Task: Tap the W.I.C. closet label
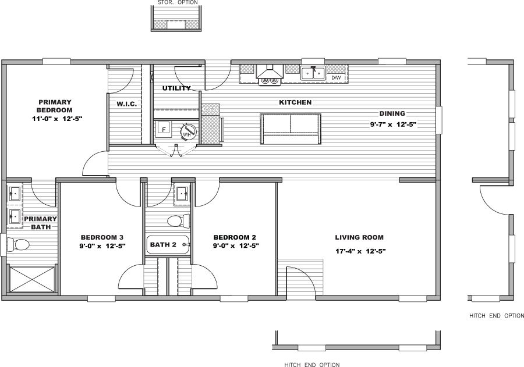click(x=126, y=105)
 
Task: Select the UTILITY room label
click(x=176, y=88)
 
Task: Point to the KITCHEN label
click(x=295, y=102)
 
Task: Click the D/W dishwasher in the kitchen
click(x=336, y=77)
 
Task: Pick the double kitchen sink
click(x=313, y=73)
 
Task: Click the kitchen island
click(x=291, y=129)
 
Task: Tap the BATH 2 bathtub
click(x=168, y=245)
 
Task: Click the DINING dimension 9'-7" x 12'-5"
click(x=393, y=124)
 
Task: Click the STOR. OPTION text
click(x=178, y=3)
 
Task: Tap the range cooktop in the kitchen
click(x=270, y=81)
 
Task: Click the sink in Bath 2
click(x=182, y=193)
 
